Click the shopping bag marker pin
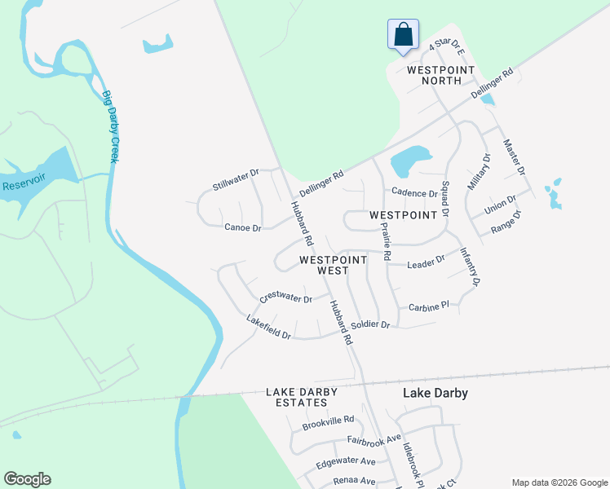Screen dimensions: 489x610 coord(403,35)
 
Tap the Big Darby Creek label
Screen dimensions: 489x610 coord(111,127)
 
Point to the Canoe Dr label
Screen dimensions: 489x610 coord(242,228)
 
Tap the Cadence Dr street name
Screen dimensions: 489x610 coord(414,193)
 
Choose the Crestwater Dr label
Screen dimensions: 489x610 coord(285,297)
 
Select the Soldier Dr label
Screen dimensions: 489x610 coord(370,324)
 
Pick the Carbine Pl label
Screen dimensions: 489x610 coord(429,306)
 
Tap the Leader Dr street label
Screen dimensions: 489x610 coord(426,261)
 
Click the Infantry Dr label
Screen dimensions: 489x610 coord(470,267)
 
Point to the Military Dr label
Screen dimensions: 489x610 coord(478,172)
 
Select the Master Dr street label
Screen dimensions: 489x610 coord(514,156)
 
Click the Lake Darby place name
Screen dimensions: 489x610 coord(435,393)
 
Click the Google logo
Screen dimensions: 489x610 coord(27,479)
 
